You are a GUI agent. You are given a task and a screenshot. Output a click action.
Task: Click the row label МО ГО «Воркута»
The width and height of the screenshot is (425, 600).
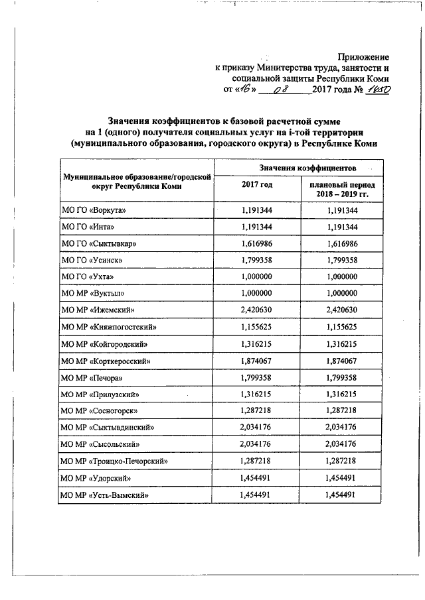93,210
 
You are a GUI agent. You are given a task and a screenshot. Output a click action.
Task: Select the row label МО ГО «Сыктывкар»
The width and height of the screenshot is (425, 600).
98,243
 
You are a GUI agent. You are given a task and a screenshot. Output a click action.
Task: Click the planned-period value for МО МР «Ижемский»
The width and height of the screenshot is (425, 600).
342,310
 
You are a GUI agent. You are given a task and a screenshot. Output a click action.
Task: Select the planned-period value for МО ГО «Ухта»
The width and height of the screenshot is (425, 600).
342,277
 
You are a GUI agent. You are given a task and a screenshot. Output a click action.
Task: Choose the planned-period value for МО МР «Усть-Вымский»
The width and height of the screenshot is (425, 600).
342,495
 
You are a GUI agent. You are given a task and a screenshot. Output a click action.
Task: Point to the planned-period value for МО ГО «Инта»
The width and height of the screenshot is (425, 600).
342,227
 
